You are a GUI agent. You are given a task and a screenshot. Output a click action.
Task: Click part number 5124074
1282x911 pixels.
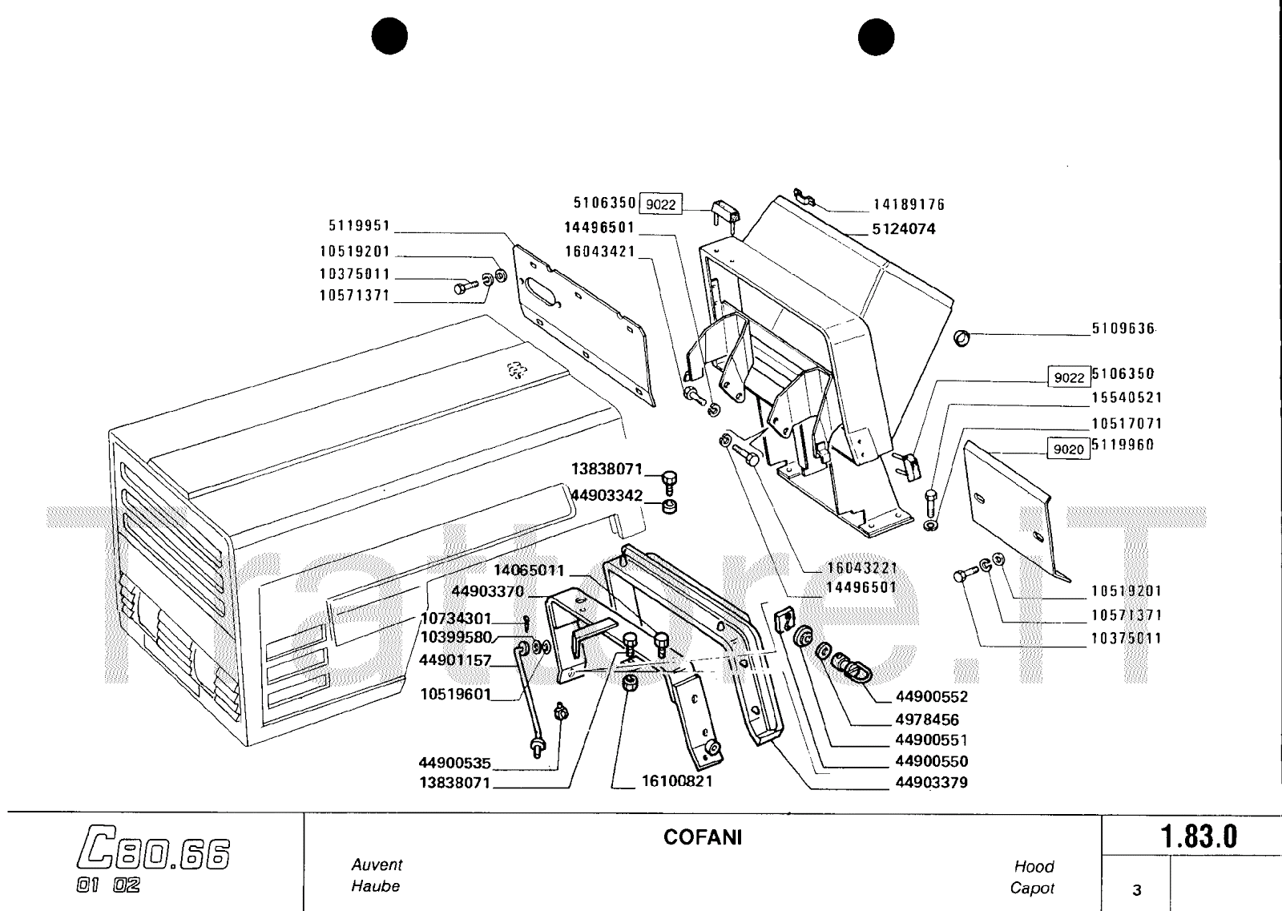tap(903, 229)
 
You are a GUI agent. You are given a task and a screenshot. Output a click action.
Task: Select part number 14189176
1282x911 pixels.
tap(909, 205)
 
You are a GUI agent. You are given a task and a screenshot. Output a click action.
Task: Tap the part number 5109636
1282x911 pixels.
tap(1123, 329)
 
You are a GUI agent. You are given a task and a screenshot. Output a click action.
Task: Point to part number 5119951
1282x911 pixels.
tap(359, 226)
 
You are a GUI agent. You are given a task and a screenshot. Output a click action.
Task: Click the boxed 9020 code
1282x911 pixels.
tap(1068, 449)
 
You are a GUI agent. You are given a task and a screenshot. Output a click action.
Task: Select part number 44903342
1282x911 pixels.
tap(607, 496)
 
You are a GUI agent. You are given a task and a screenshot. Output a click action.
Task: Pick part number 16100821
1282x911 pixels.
tap(676, 780)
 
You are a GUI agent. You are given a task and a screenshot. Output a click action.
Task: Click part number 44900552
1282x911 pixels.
tap(931, 697)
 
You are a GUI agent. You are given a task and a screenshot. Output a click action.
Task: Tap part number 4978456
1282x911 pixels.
tap(927, 720)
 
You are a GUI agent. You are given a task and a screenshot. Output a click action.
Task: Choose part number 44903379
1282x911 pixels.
tap(931, 782)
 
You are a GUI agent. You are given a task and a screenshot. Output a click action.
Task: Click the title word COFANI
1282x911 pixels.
tap(703, 837)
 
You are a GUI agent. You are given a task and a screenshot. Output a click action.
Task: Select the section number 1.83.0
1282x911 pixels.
tap(1199, 837)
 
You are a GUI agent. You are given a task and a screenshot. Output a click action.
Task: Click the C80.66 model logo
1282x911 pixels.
tap(154, 855)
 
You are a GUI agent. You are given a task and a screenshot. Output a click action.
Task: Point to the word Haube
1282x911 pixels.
tap(375, 886)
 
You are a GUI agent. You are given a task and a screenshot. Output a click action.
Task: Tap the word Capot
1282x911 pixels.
tap(1032, 888)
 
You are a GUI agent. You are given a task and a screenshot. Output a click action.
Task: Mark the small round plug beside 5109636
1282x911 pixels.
tap(962, 337)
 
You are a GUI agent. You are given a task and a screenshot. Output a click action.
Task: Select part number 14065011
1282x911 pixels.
tap(529, 570)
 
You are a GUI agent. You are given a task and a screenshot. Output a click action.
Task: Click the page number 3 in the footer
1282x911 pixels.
tap(1136, 889)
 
